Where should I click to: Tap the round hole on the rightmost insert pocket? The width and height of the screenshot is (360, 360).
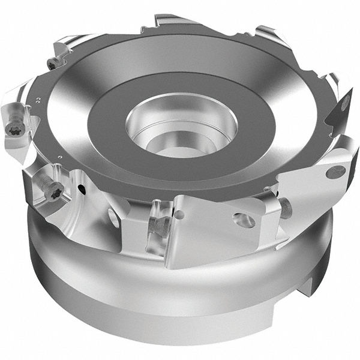(335, 172)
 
